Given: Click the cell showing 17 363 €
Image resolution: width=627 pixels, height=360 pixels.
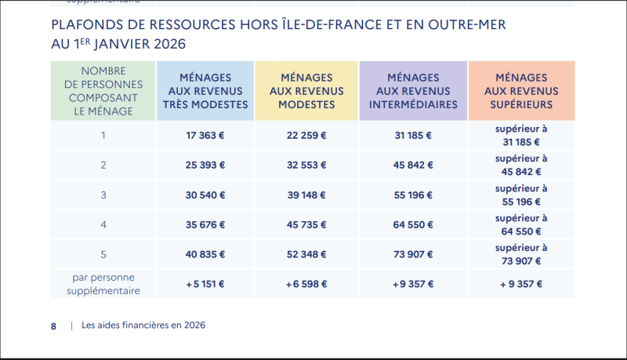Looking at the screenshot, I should tap(205, 135).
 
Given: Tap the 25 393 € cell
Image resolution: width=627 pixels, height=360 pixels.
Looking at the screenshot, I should tap(205, 165).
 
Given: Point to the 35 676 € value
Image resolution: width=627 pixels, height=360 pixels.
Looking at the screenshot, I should tap(205, 224).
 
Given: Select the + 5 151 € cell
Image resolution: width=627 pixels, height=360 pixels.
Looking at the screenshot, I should tap(205, 284).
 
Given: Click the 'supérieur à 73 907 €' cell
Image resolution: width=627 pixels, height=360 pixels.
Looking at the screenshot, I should tap(522, 254).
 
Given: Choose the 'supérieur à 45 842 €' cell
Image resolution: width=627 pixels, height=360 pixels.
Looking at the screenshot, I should tap(522, 165).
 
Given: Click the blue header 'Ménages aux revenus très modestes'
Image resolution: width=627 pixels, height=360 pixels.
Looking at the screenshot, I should tap(205, 91).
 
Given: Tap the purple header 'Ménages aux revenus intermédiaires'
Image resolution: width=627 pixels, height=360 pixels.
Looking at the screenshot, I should tap(412, 91).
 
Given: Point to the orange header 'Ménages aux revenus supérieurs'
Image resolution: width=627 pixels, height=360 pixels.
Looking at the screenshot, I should tap(522, 91).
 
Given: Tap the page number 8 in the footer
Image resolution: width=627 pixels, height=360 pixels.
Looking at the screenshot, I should tap(53, 325).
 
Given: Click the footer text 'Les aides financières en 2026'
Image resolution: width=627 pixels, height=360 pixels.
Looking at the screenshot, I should tap(143, 325).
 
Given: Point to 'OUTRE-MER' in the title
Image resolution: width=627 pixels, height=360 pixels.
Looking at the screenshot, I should tap(466, 25).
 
